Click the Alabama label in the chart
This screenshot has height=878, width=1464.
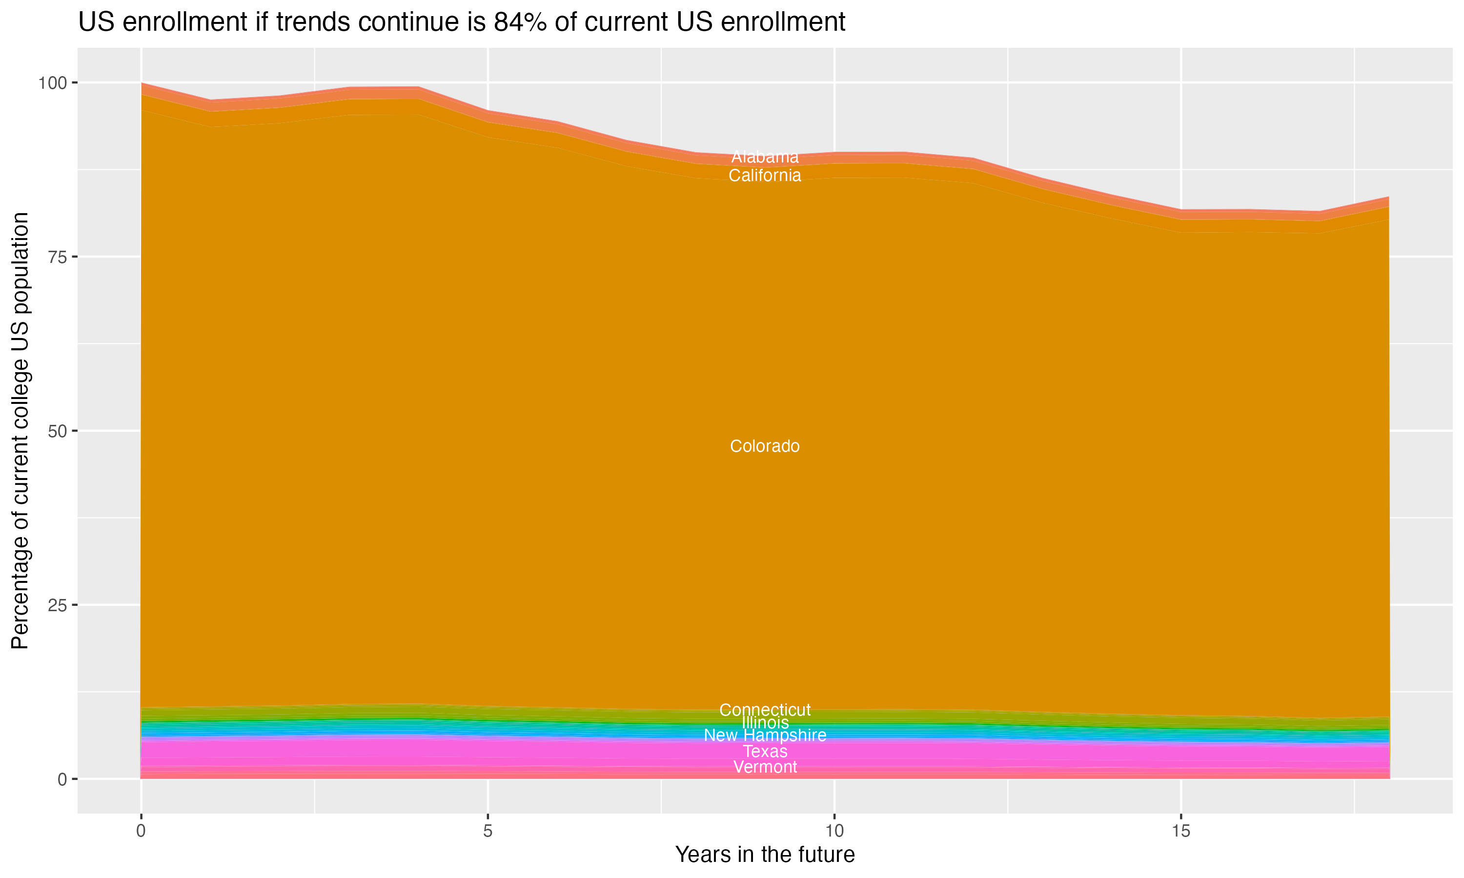click(765, 157)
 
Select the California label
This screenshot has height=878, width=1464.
click(765, 176)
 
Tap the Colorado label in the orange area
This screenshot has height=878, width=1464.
click(765, 446)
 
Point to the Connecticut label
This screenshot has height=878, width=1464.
click(765, 710)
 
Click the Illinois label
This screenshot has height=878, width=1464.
click(765, 723)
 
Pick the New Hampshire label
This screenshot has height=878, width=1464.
click(765, 736)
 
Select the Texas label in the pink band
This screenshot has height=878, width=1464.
click(765, 751)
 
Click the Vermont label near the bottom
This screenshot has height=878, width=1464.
click(765, 767)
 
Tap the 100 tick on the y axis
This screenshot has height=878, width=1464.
click(52, 83)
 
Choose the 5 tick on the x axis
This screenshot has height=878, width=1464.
click(488, 831)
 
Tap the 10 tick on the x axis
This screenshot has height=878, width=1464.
click(834, 831)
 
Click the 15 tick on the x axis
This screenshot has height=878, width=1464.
click(1180, 831)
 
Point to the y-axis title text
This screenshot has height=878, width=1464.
click(20, 431)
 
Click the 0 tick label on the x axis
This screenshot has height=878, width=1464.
click(141, 831)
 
